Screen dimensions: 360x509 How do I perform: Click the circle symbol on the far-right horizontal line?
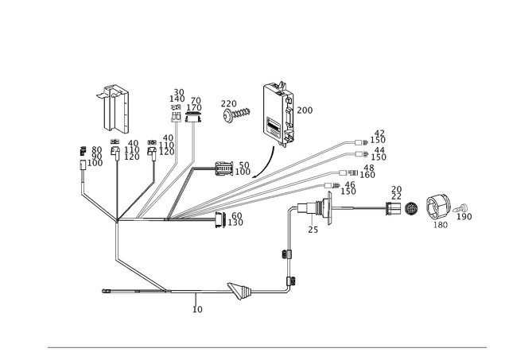coord(412,211)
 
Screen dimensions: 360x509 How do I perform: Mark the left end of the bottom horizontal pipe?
coord(102,292)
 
